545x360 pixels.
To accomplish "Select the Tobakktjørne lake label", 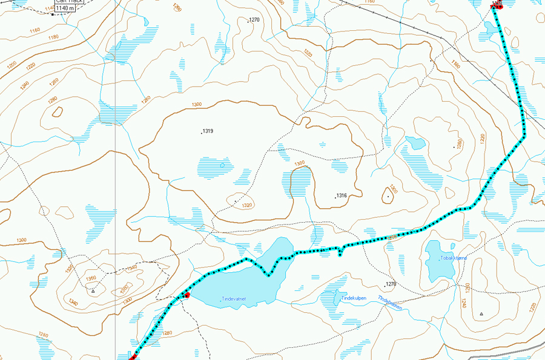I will [x=454, y=258].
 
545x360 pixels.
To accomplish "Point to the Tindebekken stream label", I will [x=390, y=301].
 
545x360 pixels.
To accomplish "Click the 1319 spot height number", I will [x=209, y=131].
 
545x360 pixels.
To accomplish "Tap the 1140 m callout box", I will [x=65, y=8].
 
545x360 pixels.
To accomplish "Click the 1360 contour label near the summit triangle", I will [x=91, y=278].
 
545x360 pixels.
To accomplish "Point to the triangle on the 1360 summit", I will [x=93, y=291].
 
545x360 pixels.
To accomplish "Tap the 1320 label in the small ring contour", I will [x=246, y=206].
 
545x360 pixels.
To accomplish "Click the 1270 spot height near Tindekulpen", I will [x=391, y=284].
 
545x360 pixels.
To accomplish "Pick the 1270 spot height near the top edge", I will [x=254, y=20].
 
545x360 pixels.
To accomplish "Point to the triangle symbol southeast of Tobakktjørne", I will [x=481, y=314].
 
